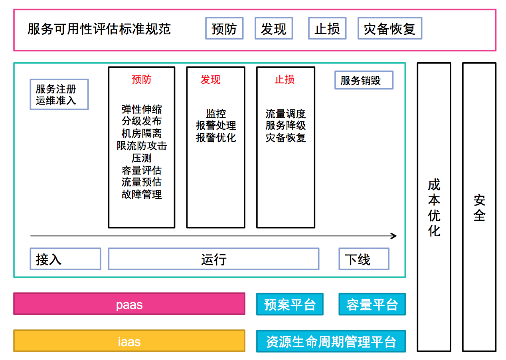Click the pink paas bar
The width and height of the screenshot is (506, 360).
[129, 304]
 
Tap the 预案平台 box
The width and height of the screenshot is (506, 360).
[290, 304]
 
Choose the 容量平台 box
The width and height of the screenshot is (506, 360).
[372, 304]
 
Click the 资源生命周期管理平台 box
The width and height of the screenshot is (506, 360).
[331, 341]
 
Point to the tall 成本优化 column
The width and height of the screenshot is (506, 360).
[434, 207]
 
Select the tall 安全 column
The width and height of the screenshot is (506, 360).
[479, 207]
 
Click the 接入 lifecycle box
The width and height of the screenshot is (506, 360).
[65, 259]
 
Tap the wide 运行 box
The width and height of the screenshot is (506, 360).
[213, 259]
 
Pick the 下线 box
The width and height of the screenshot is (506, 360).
[364, 259]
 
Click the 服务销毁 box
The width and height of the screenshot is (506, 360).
[364, 80]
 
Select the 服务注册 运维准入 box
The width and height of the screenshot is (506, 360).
[59, 94]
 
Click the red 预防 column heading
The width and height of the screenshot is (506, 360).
[142, 79]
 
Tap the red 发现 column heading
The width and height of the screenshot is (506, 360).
[210, 79]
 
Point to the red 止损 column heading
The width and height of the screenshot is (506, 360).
[285, 79]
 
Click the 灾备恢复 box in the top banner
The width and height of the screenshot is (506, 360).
[389, 28]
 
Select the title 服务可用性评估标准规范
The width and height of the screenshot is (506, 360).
[99, 29]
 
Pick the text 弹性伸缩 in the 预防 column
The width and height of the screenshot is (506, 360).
[142, 109]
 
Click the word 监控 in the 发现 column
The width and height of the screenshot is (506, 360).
[216, 114]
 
